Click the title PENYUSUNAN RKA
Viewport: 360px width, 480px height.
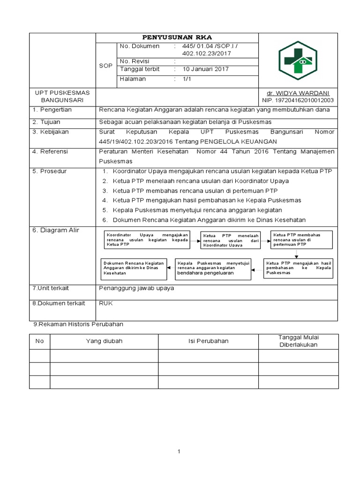[177, 37]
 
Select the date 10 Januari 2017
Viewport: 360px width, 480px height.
[205, 69]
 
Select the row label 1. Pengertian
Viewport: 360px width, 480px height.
[52, 110]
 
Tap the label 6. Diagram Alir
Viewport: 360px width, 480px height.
[55, 230]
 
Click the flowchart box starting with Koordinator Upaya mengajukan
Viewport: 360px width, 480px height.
[147, 239]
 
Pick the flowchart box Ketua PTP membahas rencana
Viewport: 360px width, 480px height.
[301, 239]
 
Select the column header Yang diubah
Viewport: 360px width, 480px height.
[104, 341]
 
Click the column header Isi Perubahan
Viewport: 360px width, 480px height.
[208, 341]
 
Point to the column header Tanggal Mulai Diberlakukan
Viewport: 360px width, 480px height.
[298, 341]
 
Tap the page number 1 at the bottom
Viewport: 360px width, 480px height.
[179, 451]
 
